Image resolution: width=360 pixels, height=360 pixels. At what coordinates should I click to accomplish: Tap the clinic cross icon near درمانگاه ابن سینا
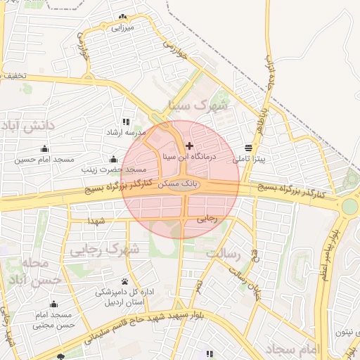tap(189, 146)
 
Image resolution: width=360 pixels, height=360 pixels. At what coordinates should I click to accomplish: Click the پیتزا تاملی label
tap(250, 160)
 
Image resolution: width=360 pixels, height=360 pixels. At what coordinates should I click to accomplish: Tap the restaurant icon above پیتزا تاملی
tap(249, 148)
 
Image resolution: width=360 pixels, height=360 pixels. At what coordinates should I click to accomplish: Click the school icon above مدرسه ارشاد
tap(125, 122)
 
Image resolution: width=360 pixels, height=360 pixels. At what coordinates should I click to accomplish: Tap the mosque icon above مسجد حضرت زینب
tap(112, 160)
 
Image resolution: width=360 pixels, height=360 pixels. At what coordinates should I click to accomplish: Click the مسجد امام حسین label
tap(45, 160)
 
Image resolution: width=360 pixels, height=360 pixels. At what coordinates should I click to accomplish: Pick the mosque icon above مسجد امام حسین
tap(45, 149)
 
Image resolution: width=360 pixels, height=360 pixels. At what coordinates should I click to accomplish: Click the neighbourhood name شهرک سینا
tap(199, 105)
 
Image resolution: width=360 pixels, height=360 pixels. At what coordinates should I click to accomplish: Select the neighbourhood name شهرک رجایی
tap(106, 249)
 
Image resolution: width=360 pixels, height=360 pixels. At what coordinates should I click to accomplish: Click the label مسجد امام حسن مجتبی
tap(53, 319)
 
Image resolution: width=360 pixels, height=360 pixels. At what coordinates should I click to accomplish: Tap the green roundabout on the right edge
tap(349, 206)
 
